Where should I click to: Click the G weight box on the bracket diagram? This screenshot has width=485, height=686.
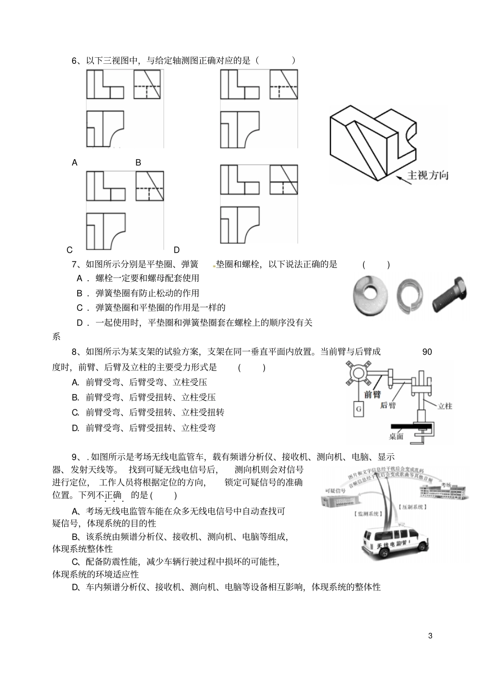(358, 409)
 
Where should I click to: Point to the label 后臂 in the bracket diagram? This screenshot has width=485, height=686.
(388, 405)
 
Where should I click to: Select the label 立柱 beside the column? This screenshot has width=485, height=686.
(445, 406)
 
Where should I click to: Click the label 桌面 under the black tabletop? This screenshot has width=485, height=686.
(396, 436)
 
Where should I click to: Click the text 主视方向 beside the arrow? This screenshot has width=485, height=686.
(428, 176)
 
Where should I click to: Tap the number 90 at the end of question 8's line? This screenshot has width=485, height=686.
(427, 352)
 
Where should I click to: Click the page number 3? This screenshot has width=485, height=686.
(430, 635)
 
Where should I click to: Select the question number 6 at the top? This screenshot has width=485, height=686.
(75, 61)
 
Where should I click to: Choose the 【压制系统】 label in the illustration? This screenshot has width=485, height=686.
(411, 507)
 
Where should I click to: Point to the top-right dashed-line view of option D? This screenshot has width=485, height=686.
(283, 179)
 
